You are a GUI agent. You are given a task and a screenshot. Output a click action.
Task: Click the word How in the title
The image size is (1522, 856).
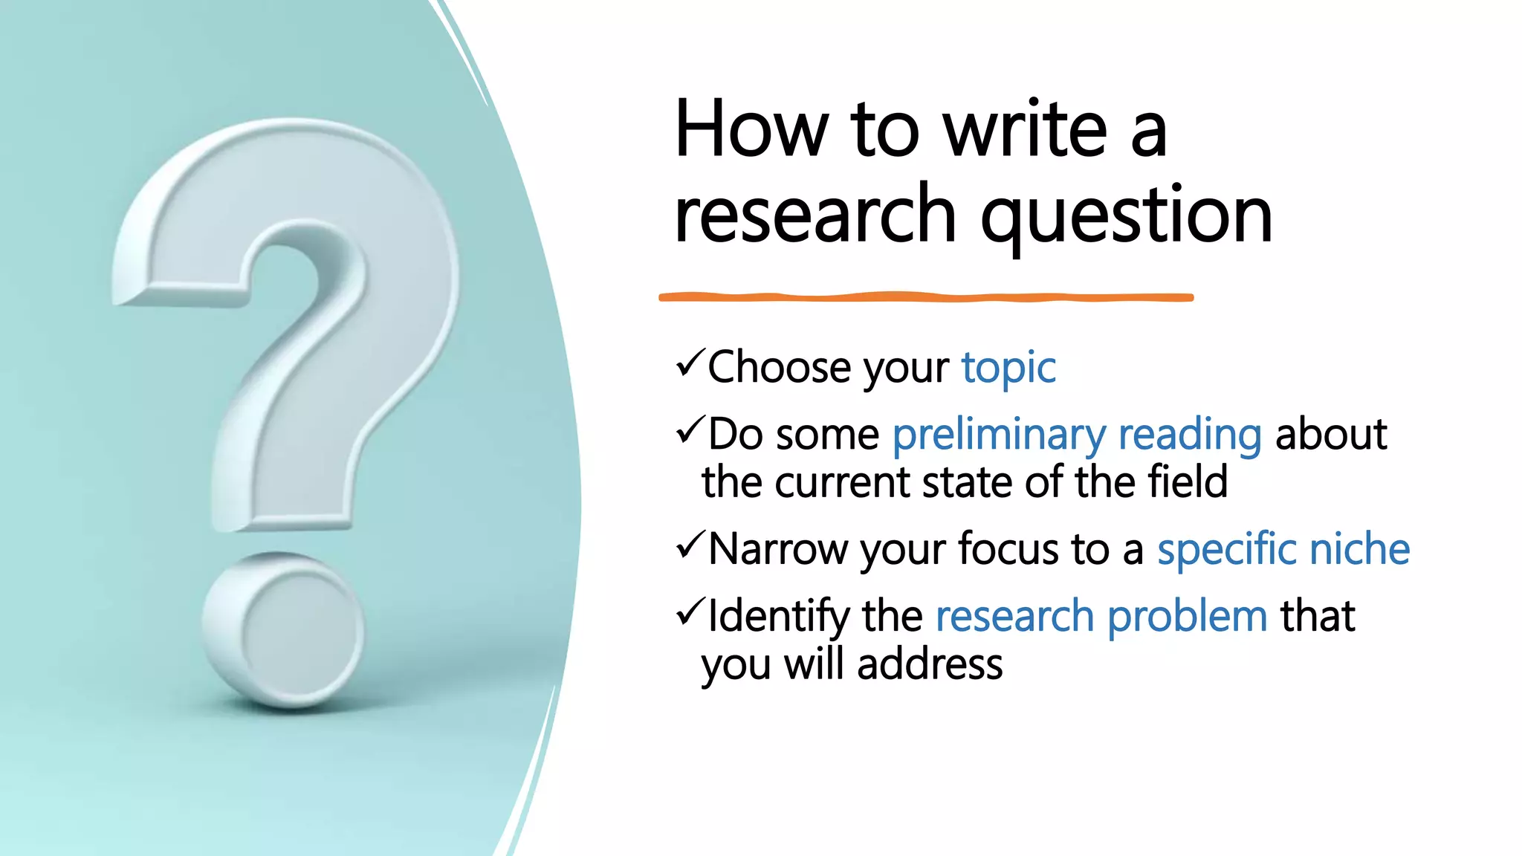coord(751,129)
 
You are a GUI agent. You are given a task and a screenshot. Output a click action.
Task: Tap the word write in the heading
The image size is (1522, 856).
coord(1026,129)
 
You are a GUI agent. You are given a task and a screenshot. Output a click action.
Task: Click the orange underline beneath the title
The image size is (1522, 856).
coord(925,297)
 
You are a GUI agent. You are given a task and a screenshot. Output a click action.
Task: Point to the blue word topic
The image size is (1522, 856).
coord(1008,369)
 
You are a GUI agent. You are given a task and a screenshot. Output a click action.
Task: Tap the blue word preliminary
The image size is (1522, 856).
coord(999,435)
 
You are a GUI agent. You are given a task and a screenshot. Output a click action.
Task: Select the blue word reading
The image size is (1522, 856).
coord(1189,435)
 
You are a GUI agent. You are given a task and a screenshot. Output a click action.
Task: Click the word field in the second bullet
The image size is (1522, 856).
coord(1187,482)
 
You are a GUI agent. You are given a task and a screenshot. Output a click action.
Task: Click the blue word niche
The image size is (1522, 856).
coord(1359,550)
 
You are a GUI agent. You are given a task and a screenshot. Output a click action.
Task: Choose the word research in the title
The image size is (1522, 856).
coord(815,216)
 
